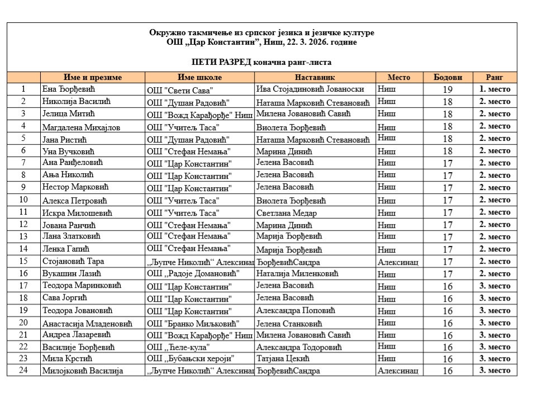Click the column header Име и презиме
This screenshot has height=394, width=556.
tap(93, 78)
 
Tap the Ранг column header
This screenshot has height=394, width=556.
tap(495, 78)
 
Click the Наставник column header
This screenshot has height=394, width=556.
tap(315, 78)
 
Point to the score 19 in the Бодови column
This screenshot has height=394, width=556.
tap(448, 89)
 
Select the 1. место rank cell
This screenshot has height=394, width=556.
tap(495, 89)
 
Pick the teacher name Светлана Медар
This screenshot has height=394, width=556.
tap(287, 213)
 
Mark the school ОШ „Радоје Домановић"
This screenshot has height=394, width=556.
tap(193, 274)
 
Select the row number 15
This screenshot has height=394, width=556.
tap(23, 261)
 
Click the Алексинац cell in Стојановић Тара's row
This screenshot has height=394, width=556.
tap(398, 262)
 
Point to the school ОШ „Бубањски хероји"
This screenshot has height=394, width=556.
tap(191, 359)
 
